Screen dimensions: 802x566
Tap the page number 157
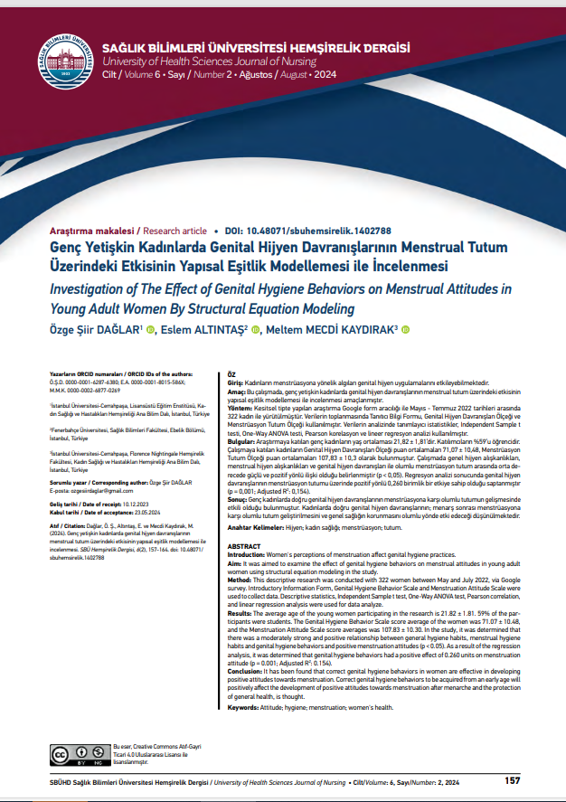tap(513, 780)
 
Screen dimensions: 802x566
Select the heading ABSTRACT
tap(241, 523)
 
